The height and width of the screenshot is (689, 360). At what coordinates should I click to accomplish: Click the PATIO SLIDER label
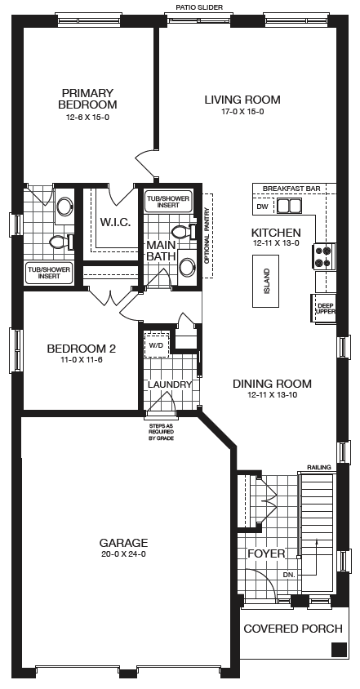[199, 7]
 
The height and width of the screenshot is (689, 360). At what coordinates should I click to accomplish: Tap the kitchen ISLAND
[265, 281]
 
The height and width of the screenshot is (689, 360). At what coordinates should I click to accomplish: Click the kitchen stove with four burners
[324, 256]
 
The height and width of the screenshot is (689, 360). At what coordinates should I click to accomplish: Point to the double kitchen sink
[289, 205]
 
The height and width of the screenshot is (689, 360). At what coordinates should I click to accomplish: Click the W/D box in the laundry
[156, 345]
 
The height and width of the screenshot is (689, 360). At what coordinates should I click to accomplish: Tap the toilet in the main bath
[183, 231]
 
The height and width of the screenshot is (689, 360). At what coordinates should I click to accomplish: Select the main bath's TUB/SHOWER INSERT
[168, 202]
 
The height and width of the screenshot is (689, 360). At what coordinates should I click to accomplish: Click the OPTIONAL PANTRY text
[207, 237]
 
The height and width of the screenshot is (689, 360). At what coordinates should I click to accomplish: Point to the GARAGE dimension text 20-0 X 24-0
[123, 554]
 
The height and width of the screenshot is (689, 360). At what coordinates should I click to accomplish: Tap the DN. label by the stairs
[289, 575]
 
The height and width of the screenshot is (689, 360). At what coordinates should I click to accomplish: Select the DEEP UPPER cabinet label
[325, 309]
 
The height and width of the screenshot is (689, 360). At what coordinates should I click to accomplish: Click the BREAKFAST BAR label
[291, 189]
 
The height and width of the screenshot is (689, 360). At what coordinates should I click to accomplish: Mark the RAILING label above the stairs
[319, 467]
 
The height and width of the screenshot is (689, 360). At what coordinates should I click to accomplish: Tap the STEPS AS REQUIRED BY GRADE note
[162, 432]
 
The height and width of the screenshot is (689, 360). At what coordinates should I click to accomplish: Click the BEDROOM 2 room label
[82, 349]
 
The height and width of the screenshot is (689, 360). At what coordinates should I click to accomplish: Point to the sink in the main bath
[188, 266]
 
